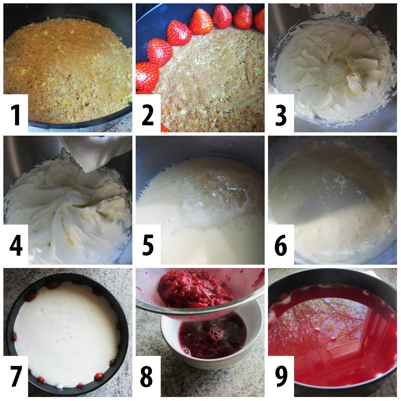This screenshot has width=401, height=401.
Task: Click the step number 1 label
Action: click(x=16, y=115)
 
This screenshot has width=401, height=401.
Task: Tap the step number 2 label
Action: click(x=148, y=115)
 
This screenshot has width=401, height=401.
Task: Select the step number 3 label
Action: click(x=281, y=115)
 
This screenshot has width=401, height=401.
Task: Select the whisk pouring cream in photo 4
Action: click(x=97, y=154)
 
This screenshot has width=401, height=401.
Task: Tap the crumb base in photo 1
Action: click(x=67, y=67)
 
